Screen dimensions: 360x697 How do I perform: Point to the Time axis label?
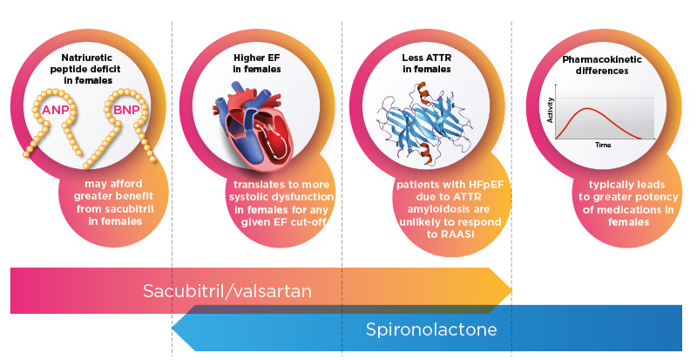603,144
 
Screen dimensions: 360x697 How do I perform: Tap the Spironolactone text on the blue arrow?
431,329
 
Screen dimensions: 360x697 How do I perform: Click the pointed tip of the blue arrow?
173,329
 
